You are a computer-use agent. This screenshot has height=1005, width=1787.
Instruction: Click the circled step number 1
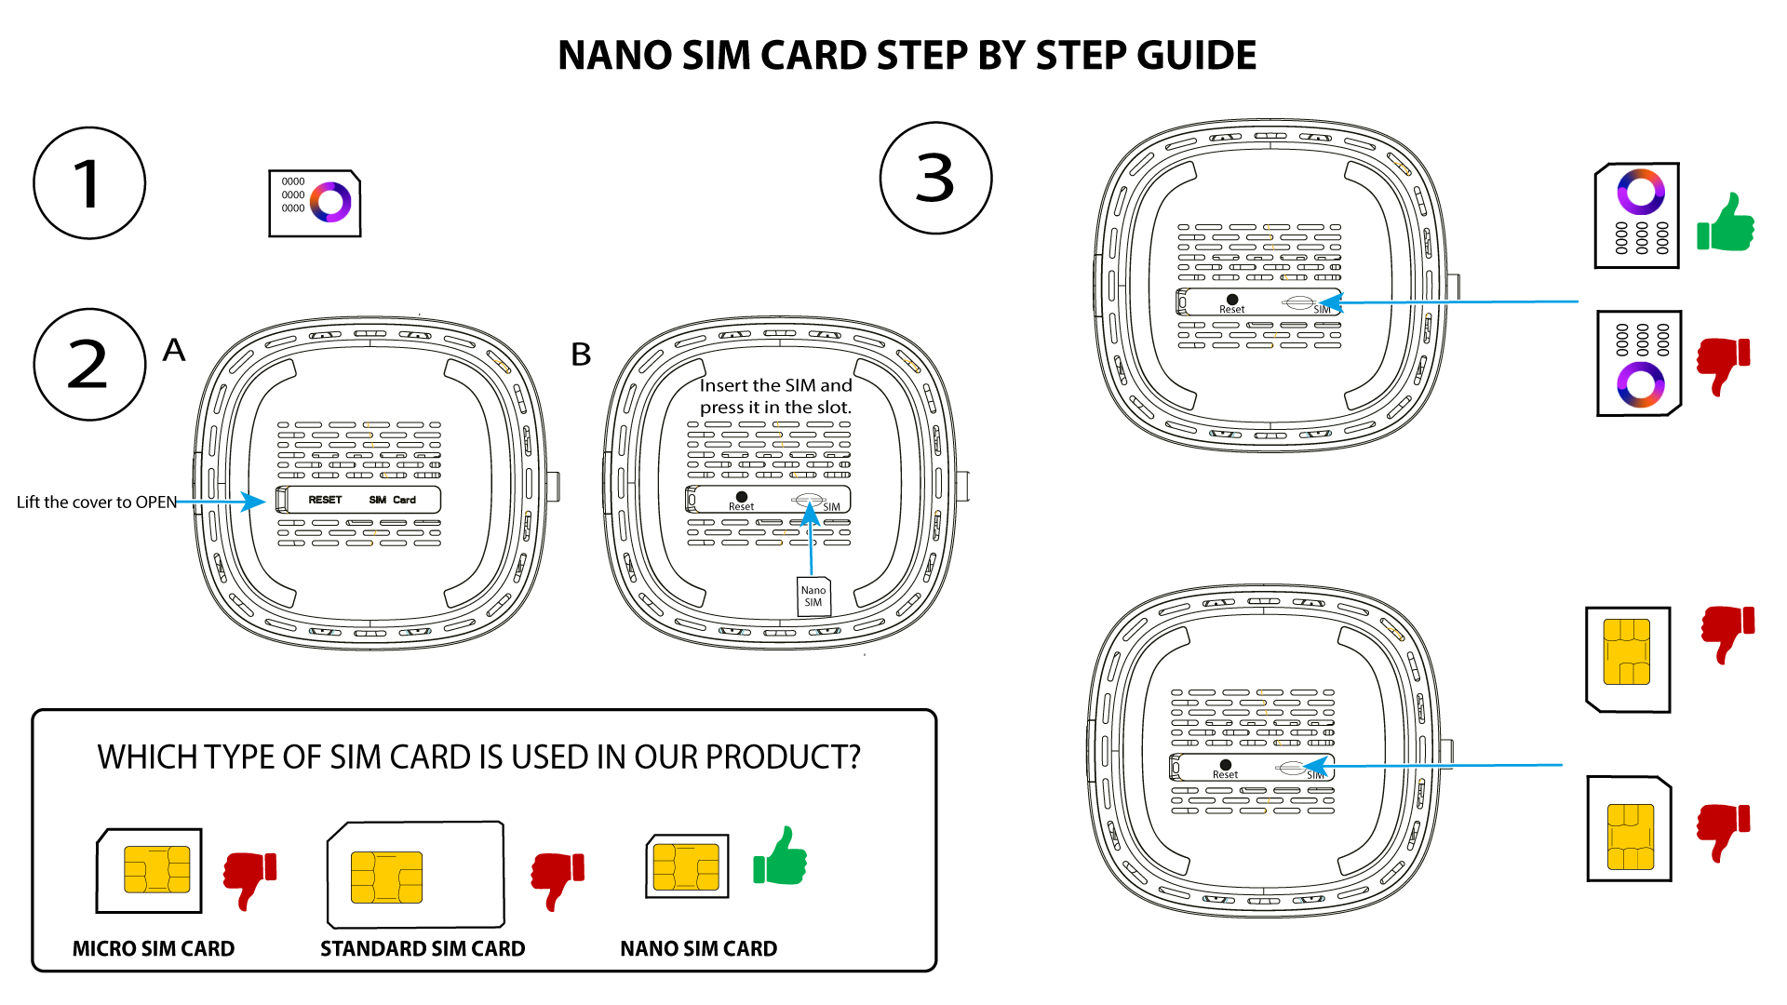(89, 183)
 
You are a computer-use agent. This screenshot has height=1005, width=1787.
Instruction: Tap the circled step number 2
(89, 365)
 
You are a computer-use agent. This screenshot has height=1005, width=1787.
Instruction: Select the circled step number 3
(935, 178)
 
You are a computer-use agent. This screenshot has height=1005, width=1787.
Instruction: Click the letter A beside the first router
(174, 350)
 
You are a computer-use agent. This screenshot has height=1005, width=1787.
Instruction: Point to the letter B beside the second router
(581, 355)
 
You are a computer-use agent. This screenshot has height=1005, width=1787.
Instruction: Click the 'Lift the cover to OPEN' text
(97, 502)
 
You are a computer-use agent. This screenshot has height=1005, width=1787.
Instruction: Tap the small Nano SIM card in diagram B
(813, 596)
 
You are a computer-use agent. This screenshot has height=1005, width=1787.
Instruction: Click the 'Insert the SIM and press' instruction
(775, 396)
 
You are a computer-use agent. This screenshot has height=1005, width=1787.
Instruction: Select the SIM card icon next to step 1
(315, 203)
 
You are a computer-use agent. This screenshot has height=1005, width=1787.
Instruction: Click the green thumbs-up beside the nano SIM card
(780, 856)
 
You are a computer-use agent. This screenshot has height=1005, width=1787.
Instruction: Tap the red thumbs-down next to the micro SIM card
(249, 879)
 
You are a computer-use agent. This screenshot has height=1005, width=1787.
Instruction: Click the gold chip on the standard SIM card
(386, 878)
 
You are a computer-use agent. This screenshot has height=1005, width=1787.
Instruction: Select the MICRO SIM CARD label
(154, 949)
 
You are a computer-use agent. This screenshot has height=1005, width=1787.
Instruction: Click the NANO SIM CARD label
(699, 949)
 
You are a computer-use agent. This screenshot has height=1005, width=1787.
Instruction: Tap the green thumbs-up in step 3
(1726, 222)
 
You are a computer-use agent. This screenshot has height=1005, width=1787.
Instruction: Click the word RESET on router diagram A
(325, 500)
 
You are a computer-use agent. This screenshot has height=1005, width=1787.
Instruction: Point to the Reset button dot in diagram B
(742, 497)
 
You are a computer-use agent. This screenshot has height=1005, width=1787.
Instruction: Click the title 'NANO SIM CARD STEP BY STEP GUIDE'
(907, 56)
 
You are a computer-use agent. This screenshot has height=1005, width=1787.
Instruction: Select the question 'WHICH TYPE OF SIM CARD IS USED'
(479, 757)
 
